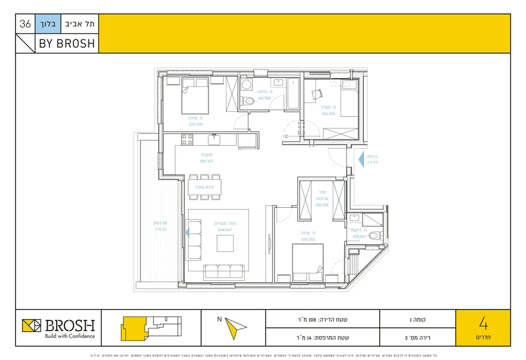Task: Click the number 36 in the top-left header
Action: click(25, 24)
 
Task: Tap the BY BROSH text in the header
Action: click(66, 43)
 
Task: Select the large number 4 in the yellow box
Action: click(483, 322)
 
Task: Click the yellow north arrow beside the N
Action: click(234, 327)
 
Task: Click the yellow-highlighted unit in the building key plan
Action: click(132, 327)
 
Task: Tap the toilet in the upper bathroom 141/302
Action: click(248, 100)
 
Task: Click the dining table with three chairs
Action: click(204, 187)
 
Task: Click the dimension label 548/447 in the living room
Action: click(224, 229)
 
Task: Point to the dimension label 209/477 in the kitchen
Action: click(206, 161)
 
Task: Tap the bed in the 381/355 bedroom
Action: click(307, 259)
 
